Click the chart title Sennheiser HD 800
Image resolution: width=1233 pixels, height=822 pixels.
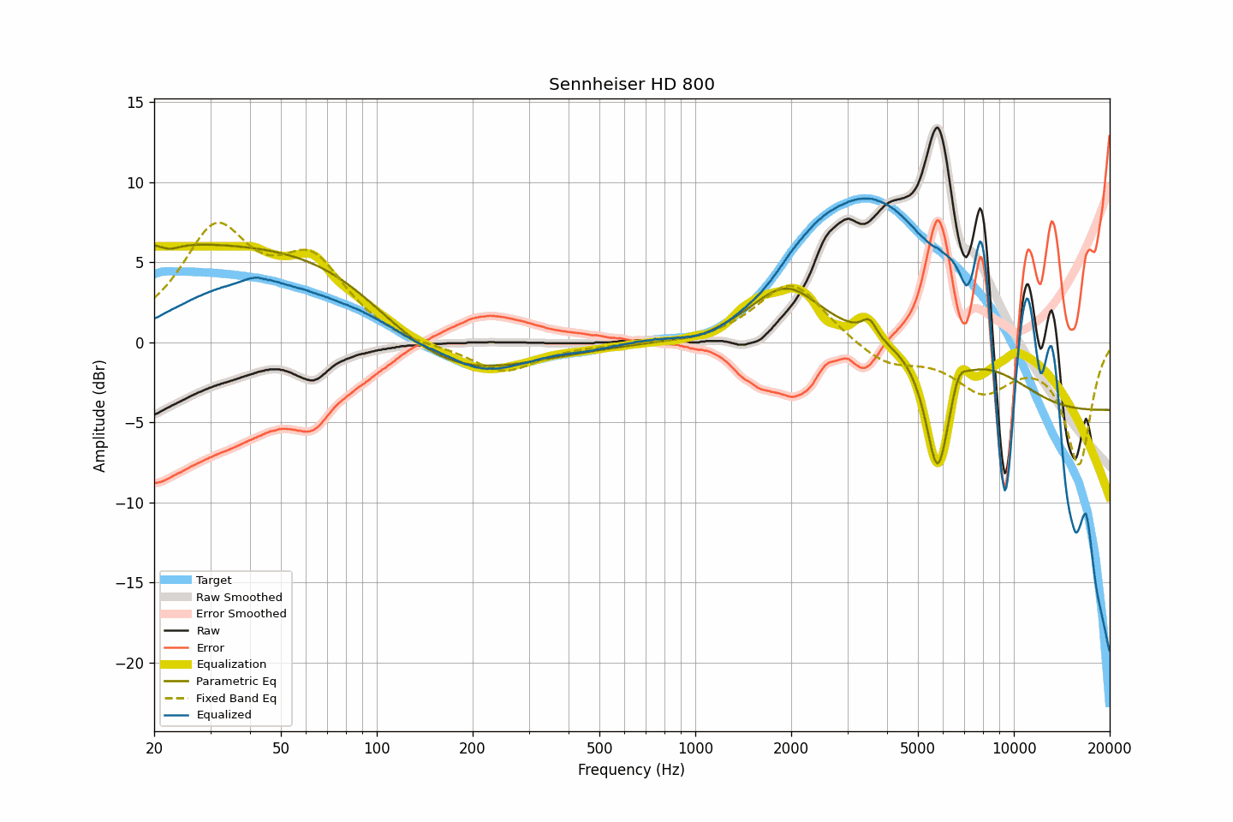tap(631, 84)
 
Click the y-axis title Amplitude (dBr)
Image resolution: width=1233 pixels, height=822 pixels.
tap(100, 415)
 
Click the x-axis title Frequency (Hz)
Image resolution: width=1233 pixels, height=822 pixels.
tap(631, 770)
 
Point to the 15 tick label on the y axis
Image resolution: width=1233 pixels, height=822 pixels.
tap(135, 103)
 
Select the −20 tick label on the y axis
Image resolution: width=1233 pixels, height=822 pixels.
tap(130, 663)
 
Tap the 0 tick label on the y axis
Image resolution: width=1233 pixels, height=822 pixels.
tap(140, 342)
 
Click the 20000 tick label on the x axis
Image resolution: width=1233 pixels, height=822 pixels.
tap(1109, 748)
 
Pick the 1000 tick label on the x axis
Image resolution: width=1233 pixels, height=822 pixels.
tap(695, 748)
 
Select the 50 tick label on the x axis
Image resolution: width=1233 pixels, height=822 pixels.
tap(281, 748)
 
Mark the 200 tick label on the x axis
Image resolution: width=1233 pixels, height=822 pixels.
tap(473, 748)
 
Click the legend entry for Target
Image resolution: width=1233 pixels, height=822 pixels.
tap(213, 580)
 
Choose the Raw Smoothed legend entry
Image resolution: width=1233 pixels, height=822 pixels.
tap(239, 597)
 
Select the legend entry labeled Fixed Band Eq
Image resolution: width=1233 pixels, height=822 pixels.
tap(236, 698)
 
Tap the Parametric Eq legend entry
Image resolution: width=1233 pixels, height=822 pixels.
tap(236, 681)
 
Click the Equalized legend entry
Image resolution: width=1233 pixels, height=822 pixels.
tap(223, 715)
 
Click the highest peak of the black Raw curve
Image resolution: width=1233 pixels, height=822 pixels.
tap(937, 128)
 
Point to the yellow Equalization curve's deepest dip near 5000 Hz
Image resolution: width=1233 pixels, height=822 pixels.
tap(938, 462)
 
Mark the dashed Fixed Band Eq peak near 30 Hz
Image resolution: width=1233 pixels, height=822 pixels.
tap(219, 223)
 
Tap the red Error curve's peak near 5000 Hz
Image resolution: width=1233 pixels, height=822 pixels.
tap(938, 220)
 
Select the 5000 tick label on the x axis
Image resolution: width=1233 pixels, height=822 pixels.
tap(918, 748)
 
